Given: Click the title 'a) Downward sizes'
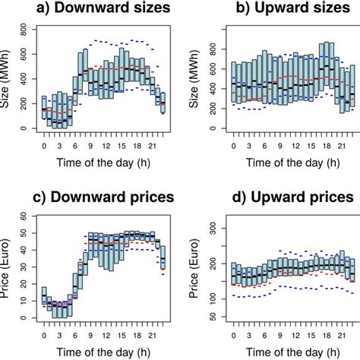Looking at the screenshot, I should (96, 10).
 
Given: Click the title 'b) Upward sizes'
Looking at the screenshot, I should (277, 10).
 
